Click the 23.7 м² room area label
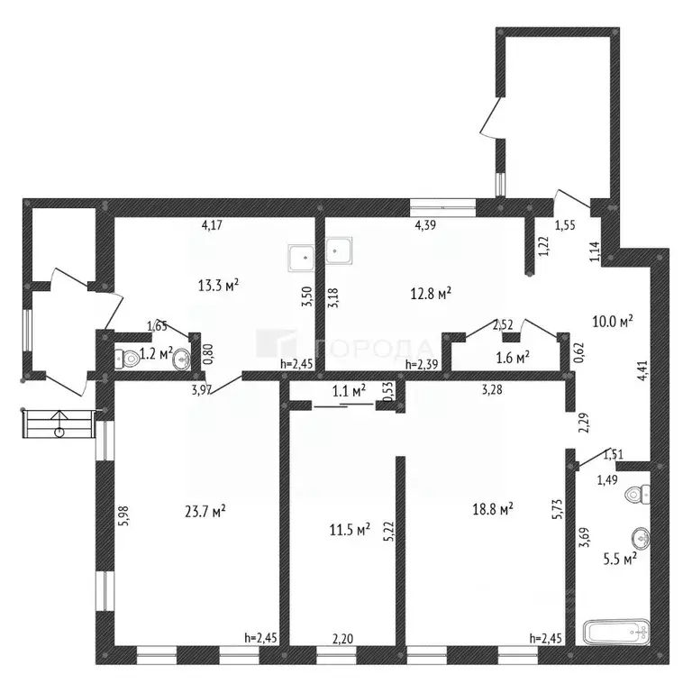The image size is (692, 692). tap(205, 512)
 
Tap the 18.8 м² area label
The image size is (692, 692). tap(493, 509)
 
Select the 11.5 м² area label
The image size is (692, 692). tap(350, 529)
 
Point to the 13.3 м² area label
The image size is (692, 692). tap(218, 286)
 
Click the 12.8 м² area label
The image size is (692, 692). tap(431, 294)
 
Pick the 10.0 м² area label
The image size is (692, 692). tap(613, 321)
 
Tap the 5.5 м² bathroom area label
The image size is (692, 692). tap(620, 560)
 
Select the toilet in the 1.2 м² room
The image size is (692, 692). tap(126, 360)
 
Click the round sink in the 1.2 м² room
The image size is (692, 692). tap(182, 359)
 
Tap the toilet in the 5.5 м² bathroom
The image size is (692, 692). tap(637, 495)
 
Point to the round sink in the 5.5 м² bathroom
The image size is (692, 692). tap(641, 538)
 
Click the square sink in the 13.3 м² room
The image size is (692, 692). tap(301, 258)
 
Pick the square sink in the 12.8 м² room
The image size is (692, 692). tap(339, 251)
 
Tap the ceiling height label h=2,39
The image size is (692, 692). tap(422, 365)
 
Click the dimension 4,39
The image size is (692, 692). tap(425, 225)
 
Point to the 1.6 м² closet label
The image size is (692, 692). tap(513, 357)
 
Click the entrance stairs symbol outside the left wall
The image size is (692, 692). tap(59, 423)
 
